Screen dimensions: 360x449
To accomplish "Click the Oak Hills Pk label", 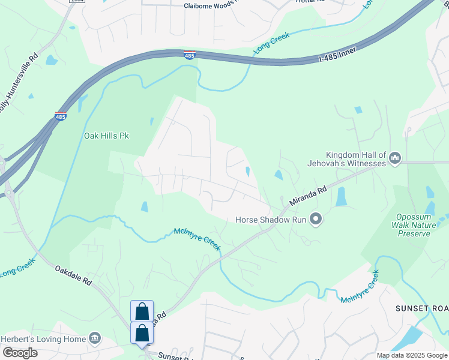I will pos(106,136).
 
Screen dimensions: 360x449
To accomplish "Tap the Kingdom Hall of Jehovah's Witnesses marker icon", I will pos(395,158).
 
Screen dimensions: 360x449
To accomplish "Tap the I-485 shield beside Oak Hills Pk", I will pos(60,116).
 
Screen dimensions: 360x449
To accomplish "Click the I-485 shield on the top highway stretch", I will pos(189,55).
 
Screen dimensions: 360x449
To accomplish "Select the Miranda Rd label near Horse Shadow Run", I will pos(308,196).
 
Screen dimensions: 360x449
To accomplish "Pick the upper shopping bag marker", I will pos(142,311).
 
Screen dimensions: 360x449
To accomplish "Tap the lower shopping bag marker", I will pos(142,333).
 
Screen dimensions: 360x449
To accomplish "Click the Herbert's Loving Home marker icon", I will pos(94,339).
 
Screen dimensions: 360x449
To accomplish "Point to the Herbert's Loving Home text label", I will pos(43,339).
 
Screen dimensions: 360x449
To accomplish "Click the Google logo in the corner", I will pos(19,353).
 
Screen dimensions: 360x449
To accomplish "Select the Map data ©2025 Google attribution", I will pos(412,355).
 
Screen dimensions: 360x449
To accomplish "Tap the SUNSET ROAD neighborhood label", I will pos(421,308).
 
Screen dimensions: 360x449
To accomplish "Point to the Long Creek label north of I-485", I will pos(272,44).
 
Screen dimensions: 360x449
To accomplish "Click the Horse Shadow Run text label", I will pos(270,220).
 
